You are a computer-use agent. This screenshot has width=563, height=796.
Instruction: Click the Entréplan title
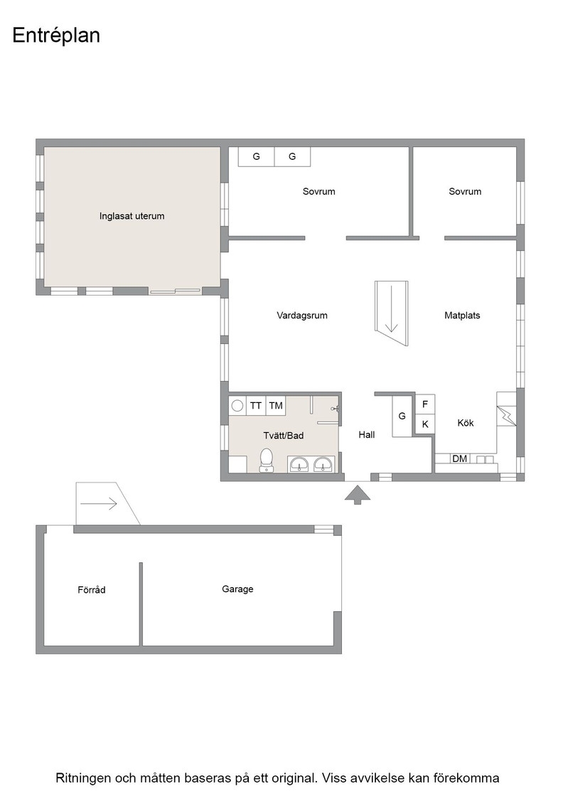tap(56, 36)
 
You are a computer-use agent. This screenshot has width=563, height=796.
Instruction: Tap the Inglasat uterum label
tap(132, 216)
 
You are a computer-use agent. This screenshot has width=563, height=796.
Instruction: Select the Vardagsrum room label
tap(302, 316)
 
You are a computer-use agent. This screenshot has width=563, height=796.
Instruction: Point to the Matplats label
tap(462, 316)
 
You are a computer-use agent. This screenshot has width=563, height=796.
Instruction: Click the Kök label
tap(466, 423)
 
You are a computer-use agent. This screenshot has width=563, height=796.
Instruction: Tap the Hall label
tap(367, 434)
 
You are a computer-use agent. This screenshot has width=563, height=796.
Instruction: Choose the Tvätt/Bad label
tap(283, 436)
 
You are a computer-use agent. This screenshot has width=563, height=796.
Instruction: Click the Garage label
tap(237, 589)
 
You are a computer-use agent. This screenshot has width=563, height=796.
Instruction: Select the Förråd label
tap(92, 589)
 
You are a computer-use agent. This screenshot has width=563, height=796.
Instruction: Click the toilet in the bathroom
tap(266, 460)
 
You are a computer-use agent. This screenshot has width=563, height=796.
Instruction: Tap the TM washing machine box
tap(276, 406)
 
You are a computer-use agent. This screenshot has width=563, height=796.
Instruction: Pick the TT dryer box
tap(256, 406)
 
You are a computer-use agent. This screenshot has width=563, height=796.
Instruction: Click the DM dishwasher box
tap(459, 458)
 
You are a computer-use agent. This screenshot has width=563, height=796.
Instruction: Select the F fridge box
tap(425, 404)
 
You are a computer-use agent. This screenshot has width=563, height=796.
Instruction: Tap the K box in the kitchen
tap(425, 424)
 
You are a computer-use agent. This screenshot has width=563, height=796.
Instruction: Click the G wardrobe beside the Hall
tap(402, 416)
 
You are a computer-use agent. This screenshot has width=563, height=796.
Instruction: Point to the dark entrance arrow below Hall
tap(358, 495)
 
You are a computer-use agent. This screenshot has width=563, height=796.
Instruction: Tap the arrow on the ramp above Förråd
tap(99, 504)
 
